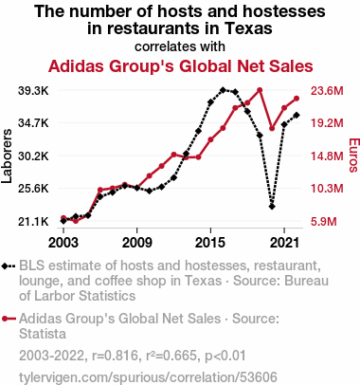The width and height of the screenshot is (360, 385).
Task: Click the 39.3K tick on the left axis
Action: coord(33,91)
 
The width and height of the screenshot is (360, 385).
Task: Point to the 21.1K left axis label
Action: coord(33,222)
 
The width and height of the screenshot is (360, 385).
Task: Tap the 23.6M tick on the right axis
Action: coord(327,91)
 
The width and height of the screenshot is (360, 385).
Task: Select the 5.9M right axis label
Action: coord(324,222)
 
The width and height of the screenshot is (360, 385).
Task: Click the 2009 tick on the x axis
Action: coord(137,243)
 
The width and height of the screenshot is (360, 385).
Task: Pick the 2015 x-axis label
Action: coord(210,243)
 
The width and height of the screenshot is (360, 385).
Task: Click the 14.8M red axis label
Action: coord(327,156)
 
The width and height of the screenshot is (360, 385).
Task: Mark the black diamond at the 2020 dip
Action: coord(272,207)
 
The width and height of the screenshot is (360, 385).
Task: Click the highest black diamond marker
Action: coord(223,90)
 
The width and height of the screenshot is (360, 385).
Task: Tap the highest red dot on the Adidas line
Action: coord(260,90)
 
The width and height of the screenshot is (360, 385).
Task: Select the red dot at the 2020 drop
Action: coord(272,128)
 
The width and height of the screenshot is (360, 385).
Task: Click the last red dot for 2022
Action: coord(297,99)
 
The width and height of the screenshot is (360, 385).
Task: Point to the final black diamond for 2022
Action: coord(297,115)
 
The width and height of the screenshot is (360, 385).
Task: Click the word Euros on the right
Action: coord(354,156)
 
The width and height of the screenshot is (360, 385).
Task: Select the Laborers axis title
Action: coord(7,156)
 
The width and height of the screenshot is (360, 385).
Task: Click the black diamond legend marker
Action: coord(9,266)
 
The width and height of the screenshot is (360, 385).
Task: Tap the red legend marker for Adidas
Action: coord(9,319)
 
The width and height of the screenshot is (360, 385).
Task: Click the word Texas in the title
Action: coord(248,28)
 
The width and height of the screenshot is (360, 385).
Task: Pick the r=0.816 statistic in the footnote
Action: coord(116,356)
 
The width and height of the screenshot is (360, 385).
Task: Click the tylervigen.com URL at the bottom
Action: coord(148,377)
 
